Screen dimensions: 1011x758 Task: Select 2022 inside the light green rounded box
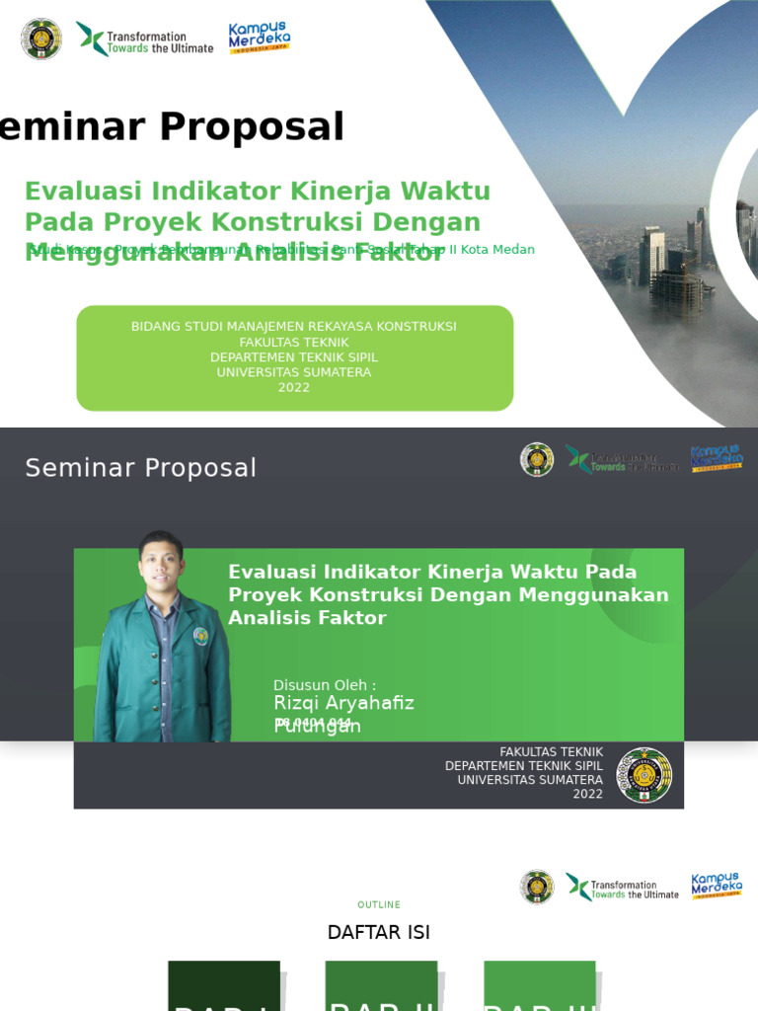coord(294,388)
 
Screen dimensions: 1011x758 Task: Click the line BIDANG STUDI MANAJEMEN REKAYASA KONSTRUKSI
coord(294,327)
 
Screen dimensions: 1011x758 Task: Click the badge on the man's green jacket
coord(200,636)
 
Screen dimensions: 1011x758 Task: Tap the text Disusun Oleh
coord(325,685)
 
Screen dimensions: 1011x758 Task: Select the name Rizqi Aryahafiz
coord(343,703)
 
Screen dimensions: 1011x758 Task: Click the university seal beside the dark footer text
coord(644,775)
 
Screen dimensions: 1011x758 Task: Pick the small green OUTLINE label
coord(379,904)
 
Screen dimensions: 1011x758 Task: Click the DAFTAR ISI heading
coord(379,932)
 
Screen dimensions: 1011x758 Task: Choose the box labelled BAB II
coord(381,987)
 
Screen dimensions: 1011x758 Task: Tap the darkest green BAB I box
coord(224,987)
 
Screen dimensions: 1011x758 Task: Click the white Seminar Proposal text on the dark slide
coord(140,468)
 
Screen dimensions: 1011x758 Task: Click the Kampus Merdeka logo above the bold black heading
coord(260,39)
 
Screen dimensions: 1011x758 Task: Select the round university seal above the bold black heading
coord(41,39)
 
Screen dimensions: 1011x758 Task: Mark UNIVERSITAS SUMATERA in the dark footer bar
coord(530,780)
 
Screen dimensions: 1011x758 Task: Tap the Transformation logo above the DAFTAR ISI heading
coord(622,887)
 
